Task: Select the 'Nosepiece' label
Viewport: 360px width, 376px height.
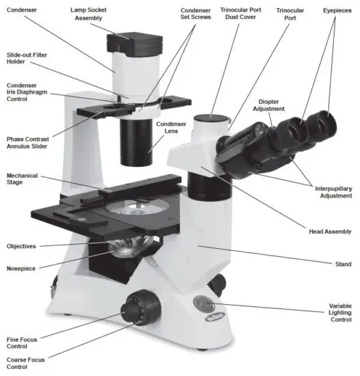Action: tap(23, 269)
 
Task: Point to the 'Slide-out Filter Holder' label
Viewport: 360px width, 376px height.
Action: tap(26, 59)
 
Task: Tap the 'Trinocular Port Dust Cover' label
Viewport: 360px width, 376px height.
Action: tap(240, 14)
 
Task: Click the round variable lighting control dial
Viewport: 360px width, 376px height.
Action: tap(204, 303)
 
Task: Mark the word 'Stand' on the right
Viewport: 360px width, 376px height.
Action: tap(342, 264)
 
